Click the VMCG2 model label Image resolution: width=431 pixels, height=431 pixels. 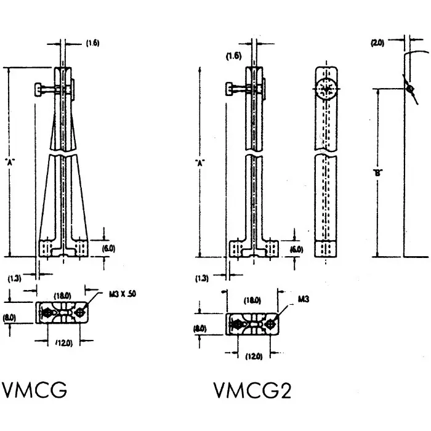tap(252, 390)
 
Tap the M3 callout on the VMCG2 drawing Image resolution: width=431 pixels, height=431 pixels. tap(303, 299)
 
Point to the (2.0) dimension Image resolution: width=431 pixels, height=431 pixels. tap(377, 42)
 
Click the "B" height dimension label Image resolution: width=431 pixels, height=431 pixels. tap(377, 173)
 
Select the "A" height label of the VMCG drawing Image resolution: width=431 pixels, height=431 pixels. tap(9, 162)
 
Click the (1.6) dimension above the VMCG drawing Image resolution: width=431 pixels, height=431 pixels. tap(92, 43)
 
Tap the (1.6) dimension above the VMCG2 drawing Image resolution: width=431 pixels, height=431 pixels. tap(233, 56)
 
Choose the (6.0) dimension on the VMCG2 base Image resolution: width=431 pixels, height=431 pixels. tap(296, 249)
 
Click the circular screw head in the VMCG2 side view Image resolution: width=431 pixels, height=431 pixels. tap(328, 90)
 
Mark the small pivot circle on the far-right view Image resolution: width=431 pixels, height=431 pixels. tap(409, 89)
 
